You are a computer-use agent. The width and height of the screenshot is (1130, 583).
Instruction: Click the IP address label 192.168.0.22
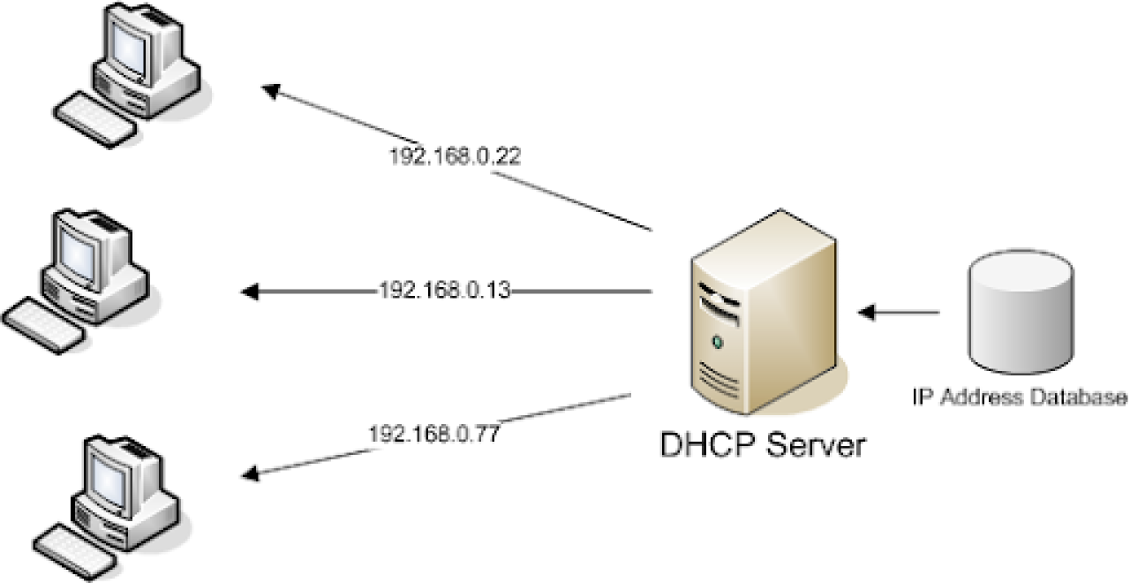click(456, 157)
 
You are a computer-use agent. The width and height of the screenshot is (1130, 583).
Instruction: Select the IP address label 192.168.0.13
click(445, 290)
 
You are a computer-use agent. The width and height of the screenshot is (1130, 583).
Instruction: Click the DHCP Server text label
click(764, 444)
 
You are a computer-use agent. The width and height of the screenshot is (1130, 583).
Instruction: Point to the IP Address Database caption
click(1021, 397)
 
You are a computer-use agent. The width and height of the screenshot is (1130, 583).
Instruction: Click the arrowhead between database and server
click(868, 312)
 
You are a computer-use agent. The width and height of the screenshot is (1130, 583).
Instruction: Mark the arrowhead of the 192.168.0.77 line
click(251, 474)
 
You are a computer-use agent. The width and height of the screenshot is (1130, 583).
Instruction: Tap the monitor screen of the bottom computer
click(113, 471)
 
